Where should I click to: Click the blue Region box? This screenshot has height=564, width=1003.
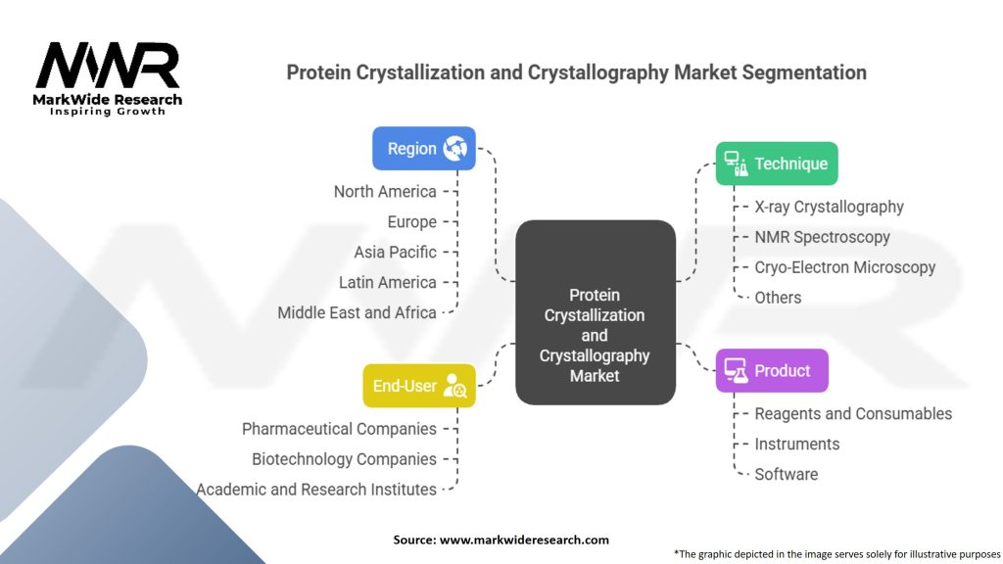(x=424, y=149)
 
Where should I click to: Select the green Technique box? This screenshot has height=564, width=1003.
(x=776, y=164)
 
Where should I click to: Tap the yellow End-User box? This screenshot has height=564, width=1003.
(x=419, y=386)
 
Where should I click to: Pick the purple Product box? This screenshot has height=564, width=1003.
(x=771, y=371)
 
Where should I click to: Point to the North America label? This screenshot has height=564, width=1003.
(x=385, y=192)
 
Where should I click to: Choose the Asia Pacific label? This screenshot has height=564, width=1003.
(x=395, y=253)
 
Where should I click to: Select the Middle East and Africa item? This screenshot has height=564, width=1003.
(x=357, y=313)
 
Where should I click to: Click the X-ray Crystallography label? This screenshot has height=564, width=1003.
(x=829, y=207)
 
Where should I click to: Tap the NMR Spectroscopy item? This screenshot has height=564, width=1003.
(x=822, y=237)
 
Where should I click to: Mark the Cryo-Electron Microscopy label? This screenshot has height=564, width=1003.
(x=844, y=267)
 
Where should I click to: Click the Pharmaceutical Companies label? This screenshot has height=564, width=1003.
(x=339, y=429)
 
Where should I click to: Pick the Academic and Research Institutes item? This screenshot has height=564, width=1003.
(x=316, y=490)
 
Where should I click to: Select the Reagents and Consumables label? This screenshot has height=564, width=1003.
(x=852, y=414)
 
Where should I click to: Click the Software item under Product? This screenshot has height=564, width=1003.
(x=786, y=475)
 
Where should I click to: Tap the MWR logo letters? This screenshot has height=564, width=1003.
(x=108, y=67)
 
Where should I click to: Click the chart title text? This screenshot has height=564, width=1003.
(x=576, y=72)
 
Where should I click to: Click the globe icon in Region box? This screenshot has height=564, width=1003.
(x=454, y=149)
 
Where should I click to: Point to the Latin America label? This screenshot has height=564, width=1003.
(x=387, y=283)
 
